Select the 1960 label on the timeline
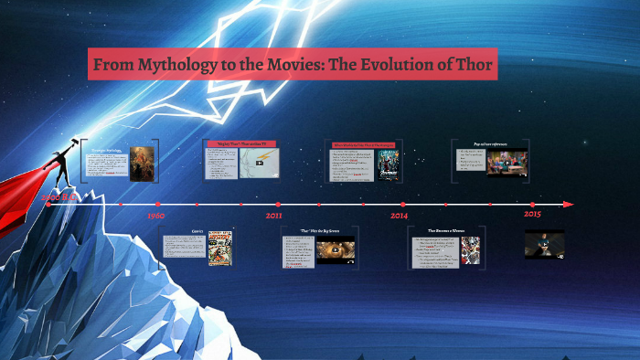[156, 217]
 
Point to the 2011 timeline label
[274, 217]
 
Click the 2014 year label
[400, 217]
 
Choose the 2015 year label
[533, 214]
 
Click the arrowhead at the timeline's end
[569, 204]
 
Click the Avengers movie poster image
[389, 164]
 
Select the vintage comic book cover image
[219, 248]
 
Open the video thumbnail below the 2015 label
[544, 244]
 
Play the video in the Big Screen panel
[335, 249]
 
